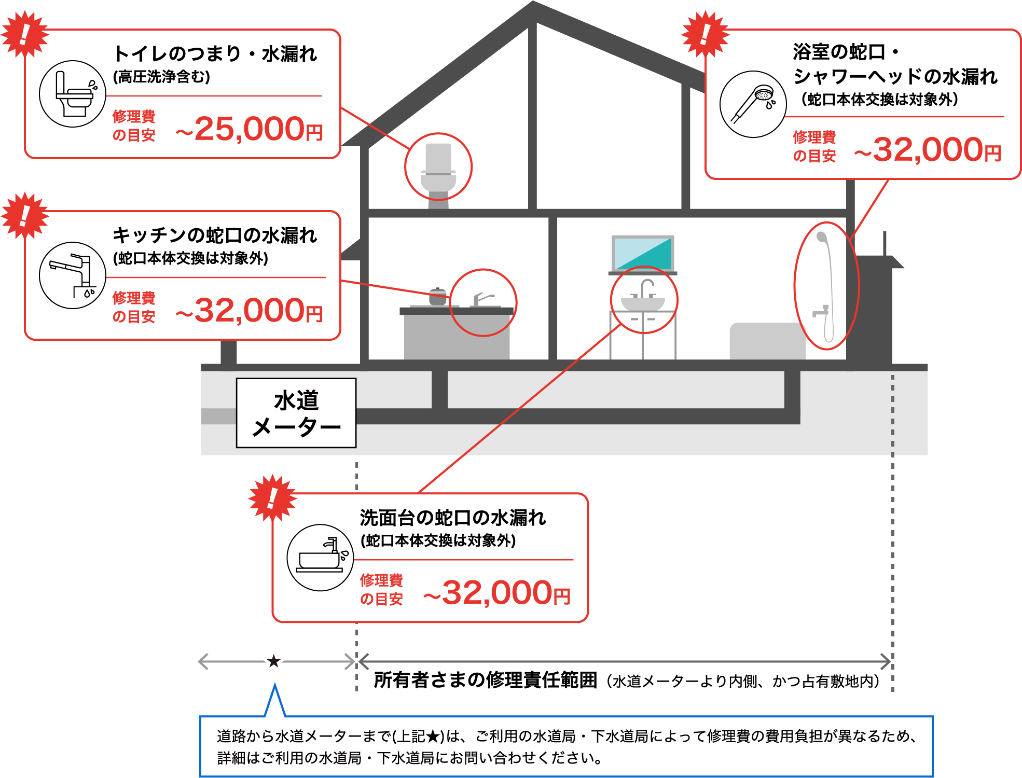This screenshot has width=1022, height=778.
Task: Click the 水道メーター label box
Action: (x=296, y=413)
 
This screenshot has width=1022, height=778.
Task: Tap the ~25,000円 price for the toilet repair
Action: (x=250, y=129)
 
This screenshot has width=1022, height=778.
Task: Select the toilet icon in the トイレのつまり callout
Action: (x=73, y=94)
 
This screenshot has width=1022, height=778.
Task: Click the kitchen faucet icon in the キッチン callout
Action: (x=73, y=275)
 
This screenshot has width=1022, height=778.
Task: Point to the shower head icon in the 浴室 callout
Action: (x=753, y=104)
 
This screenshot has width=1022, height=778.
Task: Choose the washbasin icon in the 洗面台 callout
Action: (x=320, y=558)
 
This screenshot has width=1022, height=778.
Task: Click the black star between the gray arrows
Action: (x=274, y=661)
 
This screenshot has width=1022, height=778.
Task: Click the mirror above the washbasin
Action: (x=643, y=253)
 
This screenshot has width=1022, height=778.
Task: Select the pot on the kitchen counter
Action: (x=438, y=296)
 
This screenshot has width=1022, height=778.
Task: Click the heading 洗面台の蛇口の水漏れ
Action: (x=452, y=518)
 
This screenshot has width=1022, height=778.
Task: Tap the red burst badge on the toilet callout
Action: (x=24, y=34)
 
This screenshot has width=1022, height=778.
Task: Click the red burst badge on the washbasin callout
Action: (x=272, y=497)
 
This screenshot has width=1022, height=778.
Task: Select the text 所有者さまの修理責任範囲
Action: (x=485, y=680)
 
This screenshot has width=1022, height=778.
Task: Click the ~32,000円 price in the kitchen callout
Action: (x=250, y=310)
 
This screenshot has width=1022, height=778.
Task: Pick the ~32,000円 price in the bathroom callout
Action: (x=928, y=150)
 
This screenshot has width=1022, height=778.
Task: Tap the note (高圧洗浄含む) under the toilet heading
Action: (x=161, y=77)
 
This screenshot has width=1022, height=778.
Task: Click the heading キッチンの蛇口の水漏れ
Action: (x=215, y=235)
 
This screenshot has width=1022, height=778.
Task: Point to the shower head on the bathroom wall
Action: (x=822, y=238)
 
